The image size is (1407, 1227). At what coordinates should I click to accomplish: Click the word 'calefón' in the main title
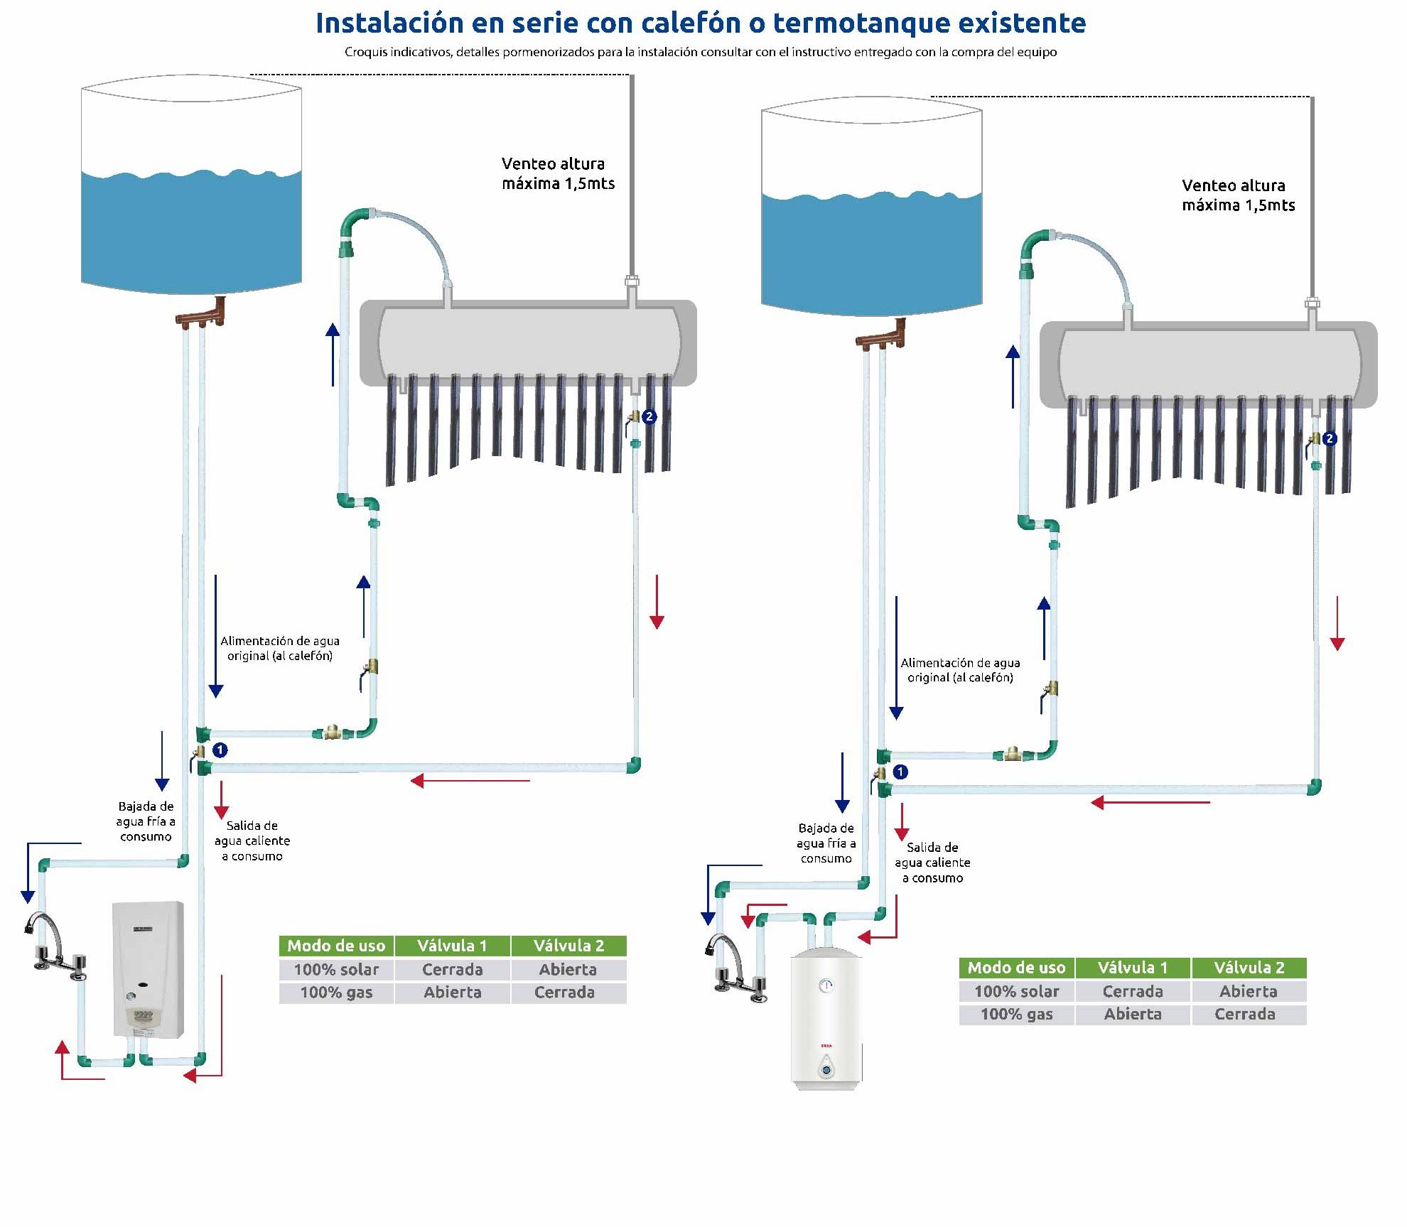pos(691,23)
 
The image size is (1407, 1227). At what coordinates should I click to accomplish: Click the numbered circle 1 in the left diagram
pos(220,750)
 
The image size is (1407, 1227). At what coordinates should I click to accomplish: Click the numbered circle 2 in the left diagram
pos(649,417)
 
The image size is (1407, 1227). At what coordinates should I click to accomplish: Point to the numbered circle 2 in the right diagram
pos(1330,438)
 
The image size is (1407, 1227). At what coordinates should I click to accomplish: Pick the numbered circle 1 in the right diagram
pos(900,772)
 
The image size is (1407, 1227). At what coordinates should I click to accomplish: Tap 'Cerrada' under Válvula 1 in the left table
pos(452,969)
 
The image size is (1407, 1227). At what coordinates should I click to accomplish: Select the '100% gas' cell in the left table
pos(336,993)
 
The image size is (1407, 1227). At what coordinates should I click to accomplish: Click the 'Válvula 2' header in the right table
pos(1249,968)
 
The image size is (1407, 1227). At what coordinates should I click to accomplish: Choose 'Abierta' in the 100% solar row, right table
pos(1248,991)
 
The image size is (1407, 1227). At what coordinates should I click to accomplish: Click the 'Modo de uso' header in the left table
pos(336,946)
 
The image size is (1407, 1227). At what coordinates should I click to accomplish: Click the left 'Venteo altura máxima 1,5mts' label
pos(558,173)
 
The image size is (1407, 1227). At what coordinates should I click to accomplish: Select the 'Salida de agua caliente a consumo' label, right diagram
pos(932,863)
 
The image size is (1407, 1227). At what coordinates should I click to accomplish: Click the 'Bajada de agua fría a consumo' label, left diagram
pos(146,821)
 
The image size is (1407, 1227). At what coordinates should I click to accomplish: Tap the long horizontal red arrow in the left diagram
pos(470,781)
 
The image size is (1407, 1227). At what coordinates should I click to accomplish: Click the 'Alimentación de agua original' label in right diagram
pos(960,670)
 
